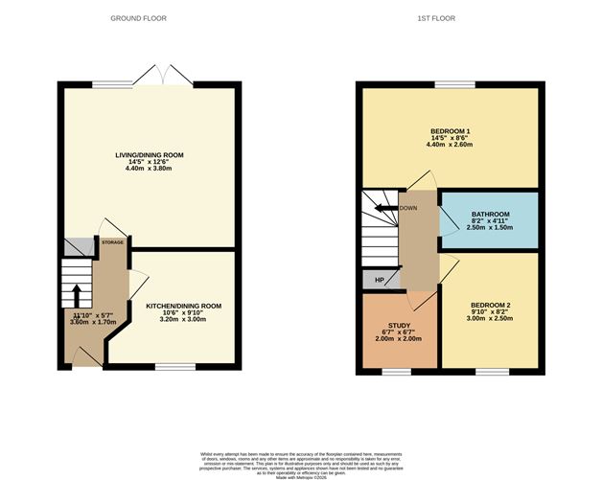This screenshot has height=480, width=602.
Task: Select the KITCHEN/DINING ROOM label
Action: point(183,306)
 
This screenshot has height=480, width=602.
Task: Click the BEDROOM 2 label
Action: point(490,306)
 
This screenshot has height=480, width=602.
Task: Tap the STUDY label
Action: point(399,327)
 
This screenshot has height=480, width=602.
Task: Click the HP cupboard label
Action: point(380,280)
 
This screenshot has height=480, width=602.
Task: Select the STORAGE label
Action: point(113,243)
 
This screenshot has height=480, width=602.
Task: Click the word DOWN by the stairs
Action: point(408,207)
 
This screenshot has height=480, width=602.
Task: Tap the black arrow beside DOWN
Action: point(386,207)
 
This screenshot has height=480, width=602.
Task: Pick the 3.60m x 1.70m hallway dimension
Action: point(93,323)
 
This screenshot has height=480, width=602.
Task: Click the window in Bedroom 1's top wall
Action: point(448,84)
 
